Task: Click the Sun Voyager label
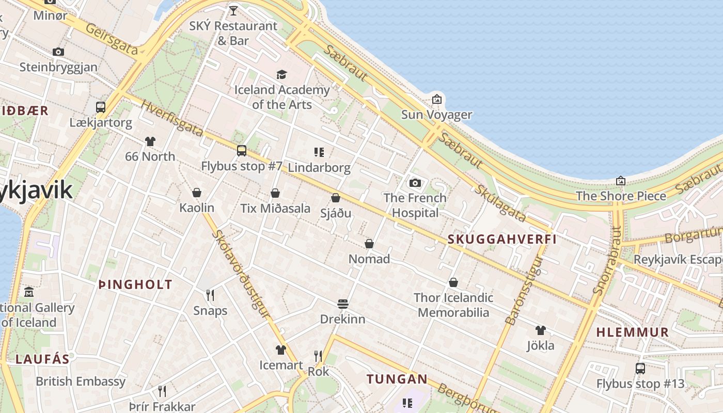coord(437,115)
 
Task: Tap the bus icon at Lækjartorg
coord(101,107)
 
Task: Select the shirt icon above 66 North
coord(150,141)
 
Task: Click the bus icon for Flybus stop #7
coord(242,151)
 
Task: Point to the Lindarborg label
coord(319,168)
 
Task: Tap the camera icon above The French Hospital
coord(415,183)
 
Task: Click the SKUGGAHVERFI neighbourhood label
coord(502,239)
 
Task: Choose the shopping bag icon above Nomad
coord(369,244)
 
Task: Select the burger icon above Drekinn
coord(343,304)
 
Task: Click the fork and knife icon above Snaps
coord(210,295)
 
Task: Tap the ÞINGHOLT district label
coord(135,284)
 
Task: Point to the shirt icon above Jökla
coord(540,330)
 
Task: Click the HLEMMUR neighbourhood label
coord(633,332)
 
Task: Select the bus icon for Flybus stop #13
coord(640,369)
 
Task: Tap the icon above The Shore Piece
coord(621,181)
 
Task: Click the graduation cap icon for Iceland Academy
coord(281,75)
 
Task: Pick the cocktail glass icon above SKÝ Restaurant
coord(233,10)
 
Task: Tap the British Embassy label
coord(81,382)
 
